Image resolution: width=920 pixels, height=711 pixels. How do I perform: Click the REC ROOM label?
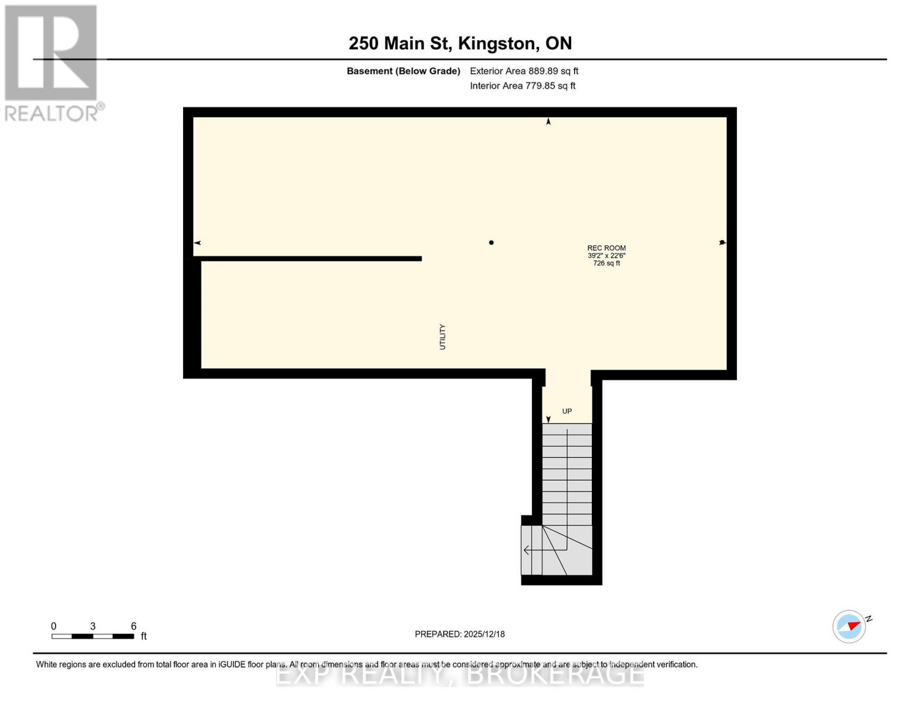pos(606,248)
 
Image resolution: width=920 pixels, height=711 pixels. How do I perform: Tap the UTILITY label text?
pos(443,337)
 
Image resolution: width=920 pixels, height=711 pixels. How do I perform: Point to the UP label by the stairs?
pos(567,411)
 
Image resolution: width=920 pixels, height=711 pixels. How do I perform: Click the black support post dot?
pos(491,242)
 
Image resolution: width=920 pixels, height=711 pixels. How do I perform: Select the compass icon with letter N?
pos(850,626)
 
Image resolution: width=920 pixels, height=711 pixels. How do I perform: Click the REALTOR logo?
pos(52,62)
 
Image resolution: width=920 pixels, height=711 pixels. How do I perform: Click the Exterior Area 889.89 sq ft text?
pos(524,71)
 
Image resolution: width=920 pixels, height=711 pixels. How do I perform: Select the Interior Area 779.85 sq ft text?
pos(522,86)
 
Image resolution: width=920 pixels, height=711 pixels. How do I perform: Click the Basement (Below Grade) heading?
pos(403,71)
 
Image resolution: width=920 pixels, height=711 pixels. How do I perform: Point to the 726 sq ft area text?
pos(606,263)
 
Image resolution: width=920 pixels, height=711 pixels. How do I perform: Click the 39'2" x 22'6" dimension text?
pos(606,256)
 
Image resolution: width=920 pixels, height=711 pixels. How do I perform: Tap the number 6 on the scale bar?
pos(134,626)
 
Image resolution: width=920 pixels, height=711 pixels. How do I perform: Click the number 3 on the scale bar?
pos(93,626)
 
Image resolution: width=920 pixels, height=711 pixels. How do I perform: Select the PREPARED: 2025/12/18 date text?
pos(460,634)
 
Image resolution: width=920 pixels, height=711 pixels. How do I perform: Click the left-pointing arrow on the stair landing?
pos(527,550)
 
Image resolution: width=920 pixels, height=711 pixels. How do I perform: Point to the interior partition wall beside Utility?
pos(308,258)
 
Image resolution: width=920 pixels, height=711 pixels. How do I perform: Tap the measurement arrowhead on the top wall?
pos(549,121)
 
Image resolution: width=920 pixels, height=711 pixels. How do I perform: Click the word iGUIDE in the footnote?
pos(227,665)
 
